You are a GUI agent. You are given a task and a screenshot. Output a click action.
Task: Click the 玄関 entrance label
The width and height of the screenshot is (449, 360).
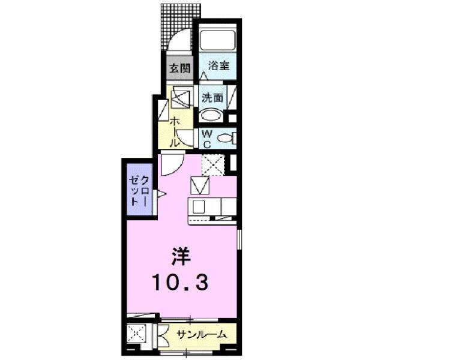[178, 68]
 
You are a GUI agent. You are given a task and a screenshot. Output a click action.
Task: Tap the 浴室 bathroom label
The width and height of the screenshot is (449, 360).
[217, 66]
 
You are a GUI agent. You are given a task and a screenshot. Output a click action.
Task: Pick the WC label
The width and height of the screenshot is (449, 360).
[205, 139]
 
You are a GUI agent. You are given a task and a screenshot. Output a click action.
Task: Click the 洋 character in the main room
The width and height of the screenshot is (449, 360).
[181, 257]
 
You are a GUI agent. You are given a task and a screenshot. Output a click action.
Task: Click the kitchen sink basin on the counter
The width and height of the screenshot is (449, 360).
[197, 207]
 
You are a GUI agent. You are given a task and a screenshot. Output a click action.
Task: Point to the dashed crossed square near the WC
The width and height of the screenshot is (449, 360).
[214, 164]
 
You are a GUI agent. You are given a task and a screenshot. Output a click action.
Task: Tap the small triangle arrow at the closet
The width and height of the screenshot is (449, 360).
[160, 193]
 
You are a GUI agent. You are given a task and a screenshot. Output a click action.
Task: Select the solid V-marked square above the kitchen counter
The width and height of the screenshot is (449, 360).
[200, 187]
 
